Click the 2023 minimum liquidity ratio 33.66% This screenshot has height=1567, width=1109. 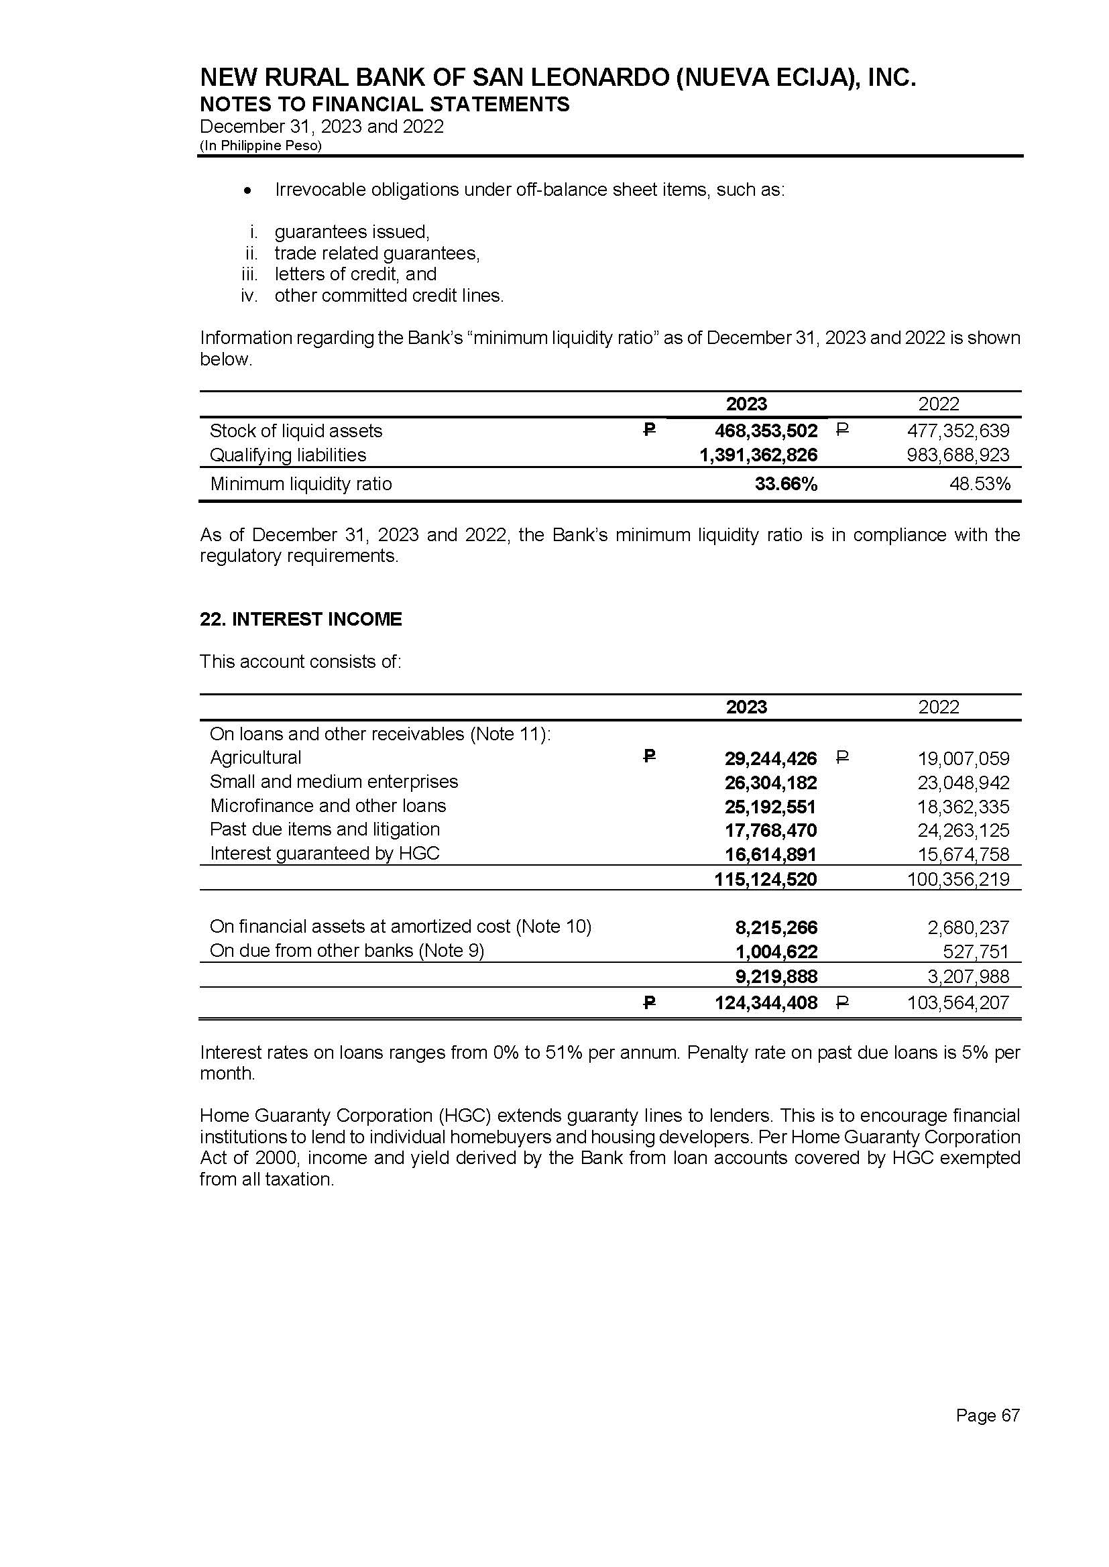785,484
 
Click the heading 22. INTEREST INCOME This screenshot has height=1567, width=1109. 300,620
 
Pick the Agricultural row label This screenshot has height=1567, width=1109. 255,758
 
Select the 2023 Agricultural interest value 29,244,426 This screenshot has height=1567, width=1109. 770,758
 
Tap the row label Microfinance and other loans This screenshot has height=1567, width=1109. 328,806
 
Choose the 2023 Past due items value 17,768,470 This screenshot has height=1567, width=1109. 770,830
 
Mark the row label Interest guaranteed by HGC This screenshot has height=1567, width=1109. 325,854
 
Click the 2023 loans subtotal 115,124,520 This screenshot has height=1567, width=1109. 766,880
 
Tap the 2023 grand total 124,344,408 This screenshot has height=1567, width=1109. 766,1003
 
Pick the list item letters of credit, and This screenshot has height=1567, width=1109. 355,274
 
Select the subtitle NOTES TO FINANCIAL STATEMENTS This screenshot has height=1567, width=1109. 384,105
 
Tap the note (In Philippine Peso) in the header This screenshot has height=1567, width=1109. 260,146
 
